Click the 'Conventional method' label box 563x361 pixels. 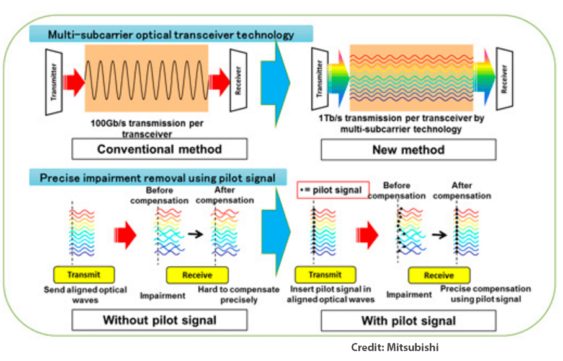point(159,149)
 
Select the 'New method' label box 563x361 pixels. point(408,149)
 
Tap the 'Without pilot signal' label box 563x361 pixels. point(159,320)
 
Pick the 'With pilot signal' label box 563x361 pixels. point(408,320)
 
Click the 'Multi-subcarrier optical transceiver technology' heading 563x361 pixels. point(171,35)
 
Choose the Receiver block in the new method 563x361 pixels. point(505,80)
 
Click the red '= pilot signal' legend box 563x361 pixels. point(334,190)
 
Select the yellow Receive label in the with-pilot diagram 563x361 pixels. point(438,275)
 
